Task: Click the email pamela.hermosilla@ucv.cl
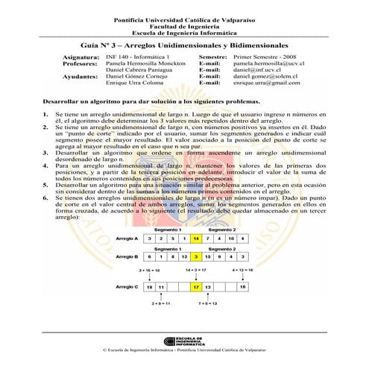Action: coord(271,64)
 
